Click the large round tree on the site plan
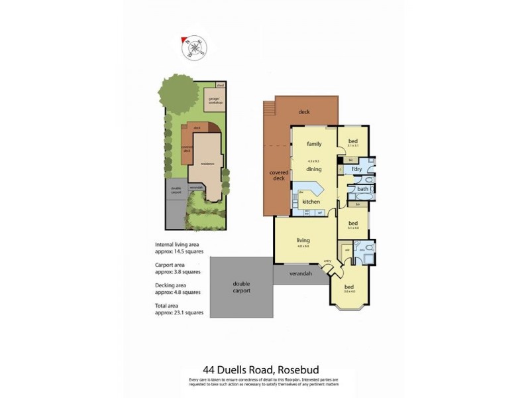pos(178,96)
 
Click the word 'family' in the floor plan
pos(314,143)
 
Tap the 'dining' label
pos(314,170)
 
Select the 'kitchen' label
pos(311,202)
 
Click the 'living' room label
pos(303,240)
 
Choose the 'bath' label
pos(362,190)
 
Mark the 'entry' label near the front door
pos(327,261)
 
